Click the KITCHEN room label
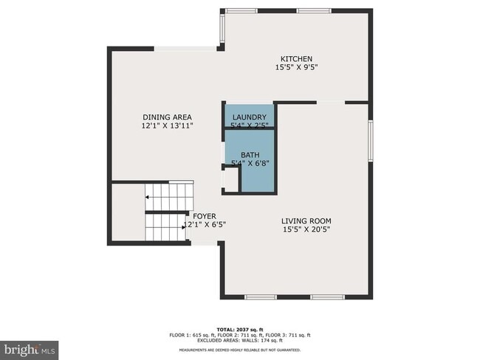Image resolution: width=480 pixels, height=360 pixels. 296,59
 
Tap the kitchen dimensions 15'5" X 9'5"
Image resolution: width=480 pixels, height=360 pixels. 296,68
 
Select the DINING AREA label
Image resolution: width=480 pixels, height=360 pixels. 167,117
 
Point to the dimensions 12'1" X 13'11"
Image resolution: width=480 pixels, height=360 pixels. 167,126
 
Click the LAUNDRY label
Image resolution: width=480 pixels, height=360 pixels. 249,118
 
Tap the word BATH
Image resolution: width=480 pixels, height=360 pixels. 250,155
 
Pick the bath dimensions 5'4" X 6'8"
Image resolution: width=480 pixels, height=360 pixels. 250,163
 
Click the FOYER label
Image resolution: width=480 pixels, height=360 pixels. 205,215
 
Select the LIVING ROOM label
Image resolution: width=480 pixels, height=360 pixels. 306,221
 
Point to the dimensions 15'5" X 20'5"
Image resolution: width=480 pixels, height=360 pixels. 306,229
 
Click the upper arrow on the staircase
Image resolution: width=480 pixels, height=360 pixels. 148,197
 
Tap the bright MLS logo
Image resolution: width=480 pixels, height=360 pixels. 30,347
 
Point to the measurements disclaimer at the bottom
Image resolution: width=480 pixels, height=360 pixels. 241,350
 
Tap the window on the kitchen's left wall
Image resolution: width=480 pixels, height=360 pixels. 222,29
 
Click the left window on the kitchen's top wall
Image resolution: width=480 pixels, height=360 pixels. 241,10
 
